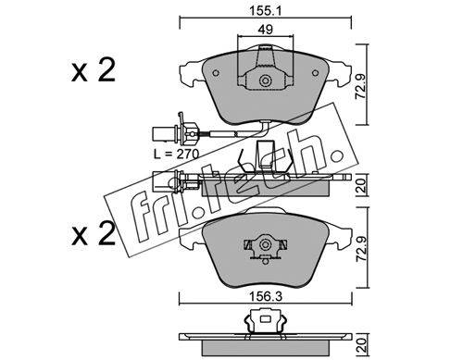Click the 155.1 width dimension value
(x=266, y=11)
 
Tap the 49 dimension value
(x=266, y=30)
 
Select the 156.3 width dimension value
(x=266, y=297)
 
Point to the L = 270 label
(x=177, y=154)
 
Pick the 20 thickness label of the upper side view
(x=360, y=186)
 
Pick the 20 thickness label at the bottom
(x=360, y=345)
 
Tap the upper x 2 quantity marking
(x=94, y=70)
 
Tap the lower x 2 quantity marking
(x=94, y=234)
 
